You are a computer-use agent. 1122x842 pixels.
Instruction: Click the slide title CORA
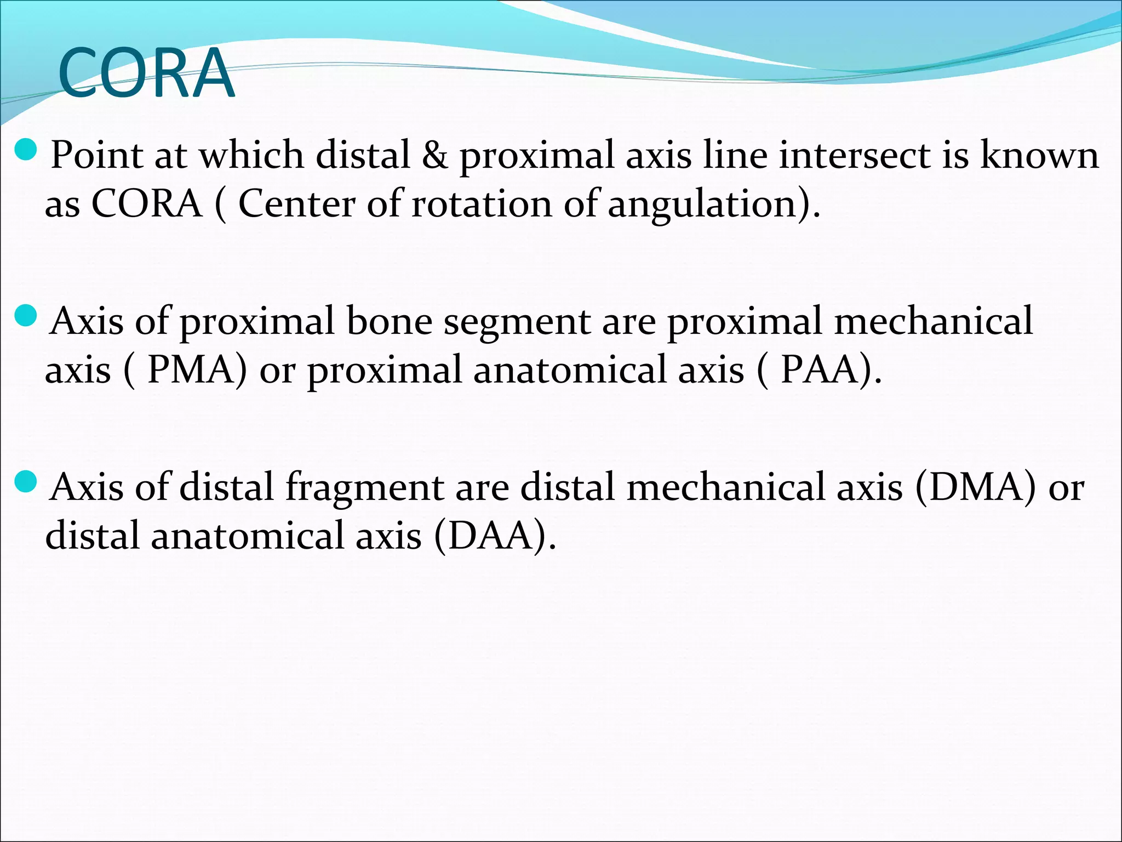point(146,73)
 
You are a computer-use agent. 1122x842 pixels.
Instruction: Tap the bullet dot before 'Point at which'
point(25,149)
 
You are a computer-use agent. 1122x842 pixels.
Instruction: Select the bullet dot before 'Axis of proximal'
point(25,316)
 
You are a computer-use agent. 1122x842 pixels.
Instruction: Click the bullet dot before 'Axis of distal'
point(25,482)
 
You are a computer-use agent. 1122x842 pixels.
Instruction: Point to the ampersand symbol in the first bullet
point(434,155)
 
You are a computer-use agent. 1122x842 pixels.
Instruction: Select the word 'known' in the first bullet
point(1039,155)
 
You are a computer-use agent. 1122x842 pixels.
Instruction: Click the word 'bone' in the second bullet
point(389,321)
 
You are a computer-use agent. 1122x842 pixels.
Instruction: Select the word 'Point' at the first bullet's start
point(96,155)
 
